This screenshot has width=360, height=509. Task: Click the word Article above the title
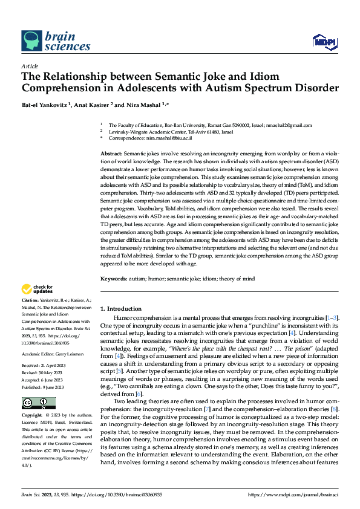(30, 66)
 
